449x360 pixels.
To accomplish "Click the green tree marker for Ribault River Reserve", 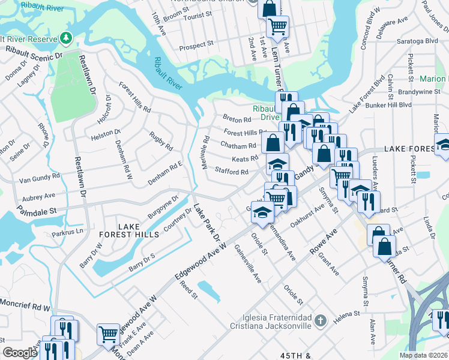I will click(x=65, y=38).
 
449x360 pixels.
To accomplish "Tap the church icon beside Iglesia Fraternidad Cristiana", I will click(x=321, y=321).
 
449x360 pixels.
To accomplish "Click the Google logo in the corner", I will click(x=20, y=353).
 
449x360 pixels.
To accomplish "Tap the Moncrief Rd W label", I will click(x=25, y=307).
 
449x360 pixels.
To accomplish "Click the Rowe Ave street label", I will click(x=325, y=239).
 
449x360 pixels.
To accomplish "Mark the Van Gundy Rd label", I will click(x=37, y=179).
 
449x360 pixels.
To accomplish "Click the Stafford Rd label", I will click(x=232, y=172).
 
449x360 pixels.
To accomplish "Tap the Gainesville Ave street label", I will click(x=248, y=263).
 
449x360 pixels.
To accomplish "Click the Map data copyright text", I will click(x=423, y=355).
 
